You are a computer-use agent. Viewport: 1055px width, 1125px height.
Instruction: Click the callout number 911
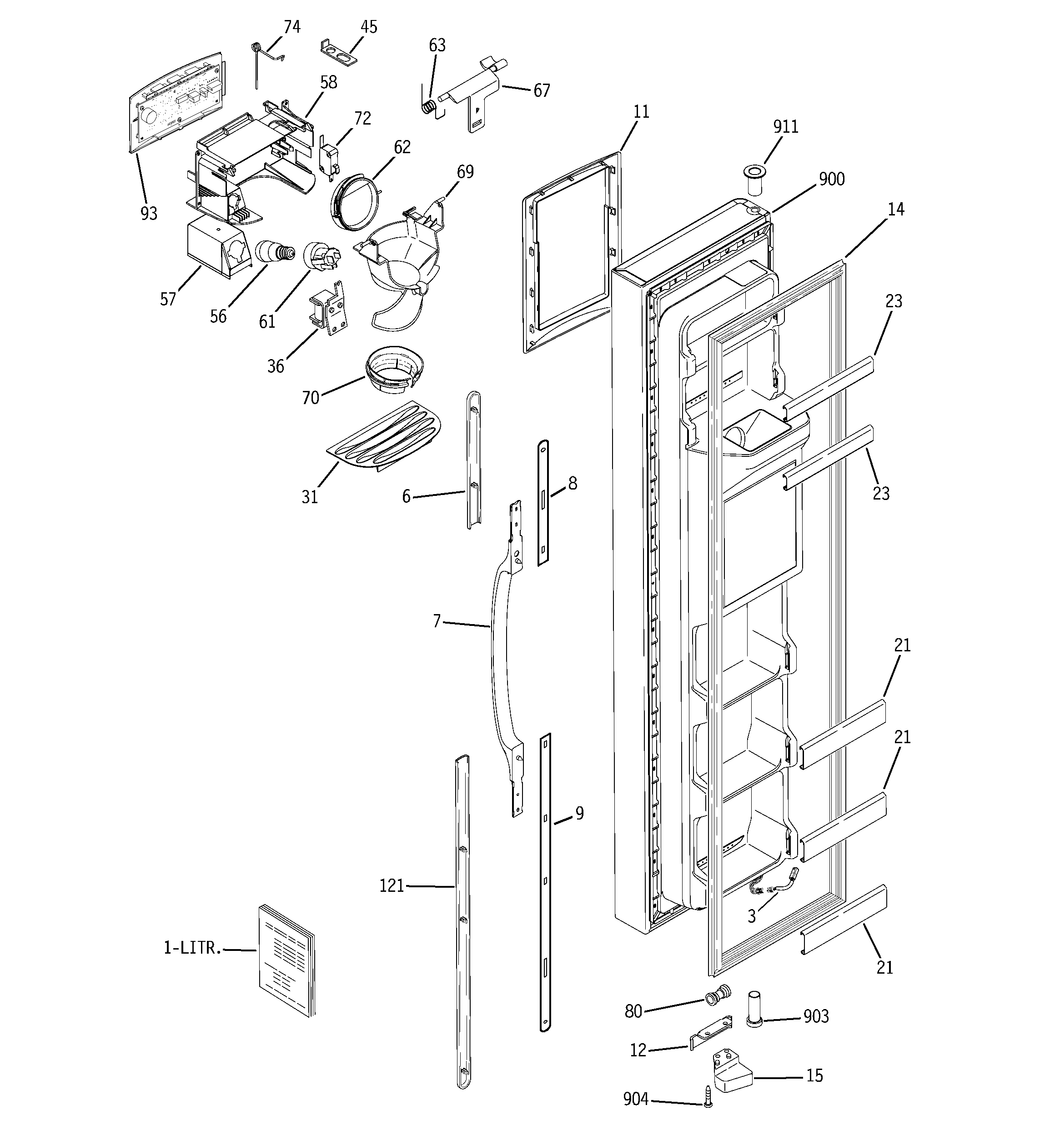(785, 126)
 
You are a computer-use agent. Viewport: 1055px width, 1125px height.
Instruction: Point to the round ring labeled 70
(392, 370)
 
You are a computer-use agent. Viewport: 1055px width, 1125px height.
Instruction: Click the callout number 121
(392, 885)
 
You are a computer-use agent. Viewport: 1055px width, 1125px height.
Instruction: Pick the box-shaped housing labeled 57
(215, 247)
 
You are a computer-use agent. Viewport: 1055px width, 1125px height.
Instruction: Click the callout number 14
(895, 210)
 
